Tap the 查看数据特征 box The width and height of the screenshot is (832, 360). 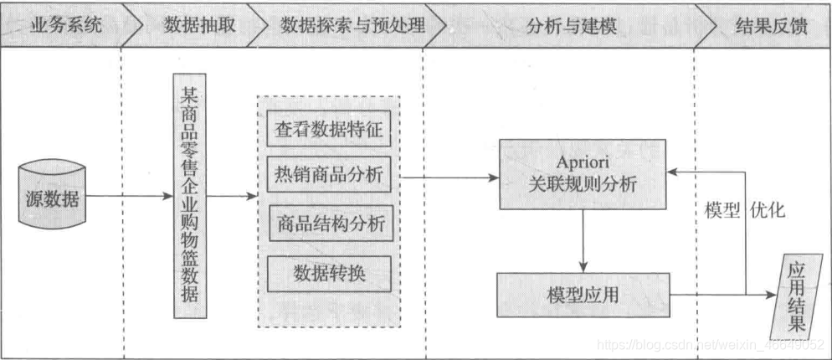point(329,130)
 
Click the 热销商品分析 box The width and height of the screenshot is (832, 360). point(329,176)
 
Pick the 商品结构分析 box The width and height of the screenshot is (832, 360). point(329,224)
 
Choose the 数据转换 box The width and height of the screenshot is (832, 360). point(329,271)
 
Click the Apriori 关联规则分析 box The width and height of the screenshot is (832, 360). point(584,174)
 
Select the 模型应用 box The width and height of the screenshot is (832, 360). point(583,295)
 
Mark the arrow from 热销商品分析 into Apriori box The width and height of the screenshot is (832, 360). point(449,177)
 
